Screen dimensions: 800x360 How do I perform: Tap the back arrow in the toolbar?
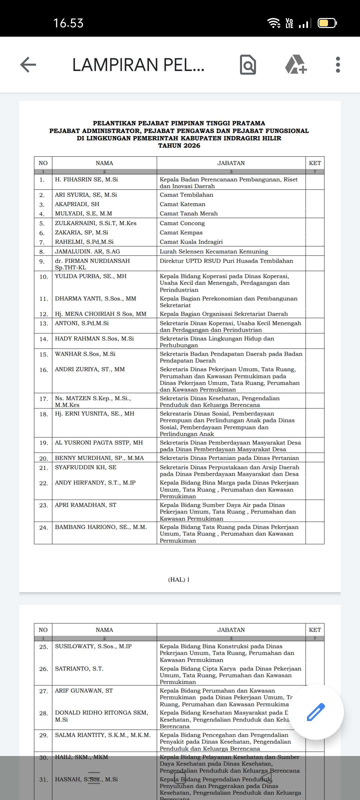point(28,64)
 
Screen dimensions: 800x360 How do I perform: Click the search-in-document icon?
point(248,65)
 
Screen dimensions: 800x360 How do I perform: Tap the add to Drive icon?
point(296,65)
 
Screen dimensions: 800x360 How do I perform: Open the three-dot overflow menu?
point(338,65)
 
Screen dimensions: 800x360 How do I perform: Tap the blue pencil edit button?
point(315,712)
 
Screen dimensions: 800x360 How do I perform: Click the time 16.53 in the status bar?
point(68,23)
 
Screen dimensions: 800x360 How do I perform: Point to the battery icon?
point(327,23)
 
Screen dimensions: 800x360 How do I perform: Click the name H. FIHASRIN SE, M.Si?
point(86,179)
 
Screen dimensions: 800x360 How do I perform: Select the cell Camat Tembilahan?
point(186,195)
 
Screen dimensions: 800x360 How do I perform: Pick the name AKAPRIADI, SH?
point(77,204)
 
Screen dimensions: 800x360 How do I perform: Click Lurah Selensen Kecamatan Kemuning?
point(214,251)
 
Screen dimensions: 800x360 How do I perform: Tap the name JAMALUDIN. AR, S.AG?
point(87,251)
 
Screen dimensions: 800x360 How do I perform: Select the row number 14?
point(43,339)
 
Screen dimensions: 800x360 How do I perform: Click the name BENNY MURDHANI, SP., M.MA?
point(99,458)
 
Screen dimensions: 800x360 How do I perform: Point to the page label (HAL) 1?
point(179,579)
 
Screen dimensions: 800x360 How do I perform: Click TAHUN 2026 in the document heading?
point(179,146)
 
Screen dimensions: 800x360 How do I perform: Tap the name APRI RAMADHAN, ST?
point(86,505)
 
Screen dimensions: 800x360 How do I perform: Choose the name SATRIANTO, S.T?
point(79,669)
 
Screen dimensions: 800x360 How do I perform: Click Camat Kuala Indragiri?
point(191,242)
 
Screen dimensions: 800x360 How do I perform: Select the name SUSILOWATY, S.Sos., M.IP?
point(93,646)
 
